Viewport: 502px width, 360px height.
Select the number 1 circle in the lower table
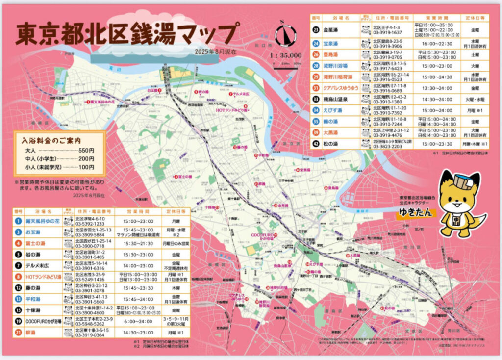tap(18, 221)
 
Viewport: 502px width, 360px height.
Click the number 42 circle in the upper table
tap(316, 144)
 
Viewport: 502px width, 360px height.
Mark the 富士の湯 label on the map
tap(182, 177)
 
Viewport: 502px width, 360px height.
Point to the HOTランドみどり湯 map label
tap(231, 110)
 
